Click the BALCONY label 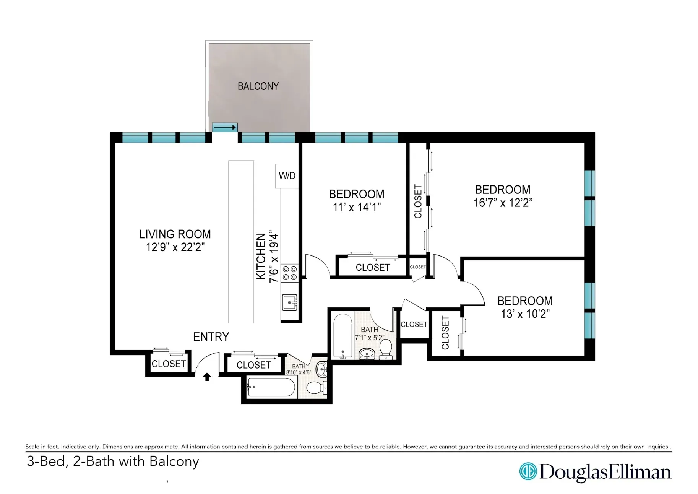point(258,86)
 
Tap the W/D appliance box point(287,176)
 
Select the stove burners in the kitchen point(289,273)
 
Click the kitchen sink point(289,302)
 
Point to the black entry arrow point(207,377)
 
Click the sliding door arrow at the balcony point(225,127)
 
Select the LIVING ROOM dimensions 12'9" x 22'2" point(175,247)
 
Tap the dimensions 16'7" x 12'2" point(503,203)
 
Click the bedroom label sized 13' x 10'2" point(525,301)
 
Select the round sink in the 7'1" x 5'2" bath point(367,354)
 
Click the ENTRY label point(211,337)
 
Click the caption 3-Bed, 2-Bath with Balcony point(113,461)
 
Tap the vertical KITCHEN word point(261,256)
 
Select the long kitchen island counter point(241,242)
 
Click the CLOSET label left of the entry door point(169,364)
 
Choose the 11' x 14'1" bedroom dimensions point(357,207)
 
